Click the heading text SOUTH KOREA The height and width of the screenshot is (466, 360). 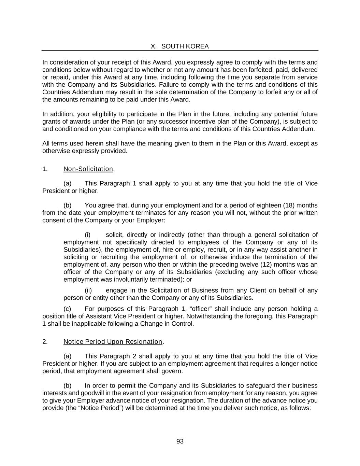pos(185,46)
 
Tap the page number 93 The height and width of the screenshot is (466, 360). pos(180,441)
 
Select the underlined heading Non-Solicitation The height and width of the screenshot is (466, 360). pos(88,169)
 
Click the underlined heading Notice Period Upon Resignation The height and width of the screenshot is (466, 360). pos(113,342)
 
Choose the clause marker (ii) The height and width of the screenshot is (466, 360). pos(88,291)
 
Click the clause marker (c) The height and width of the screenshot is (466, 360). pos(67,309)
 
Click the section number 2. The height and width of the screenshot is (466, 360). pos(45,342)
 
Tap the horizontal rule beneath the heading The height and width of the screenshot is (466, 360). pos(180,51)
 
